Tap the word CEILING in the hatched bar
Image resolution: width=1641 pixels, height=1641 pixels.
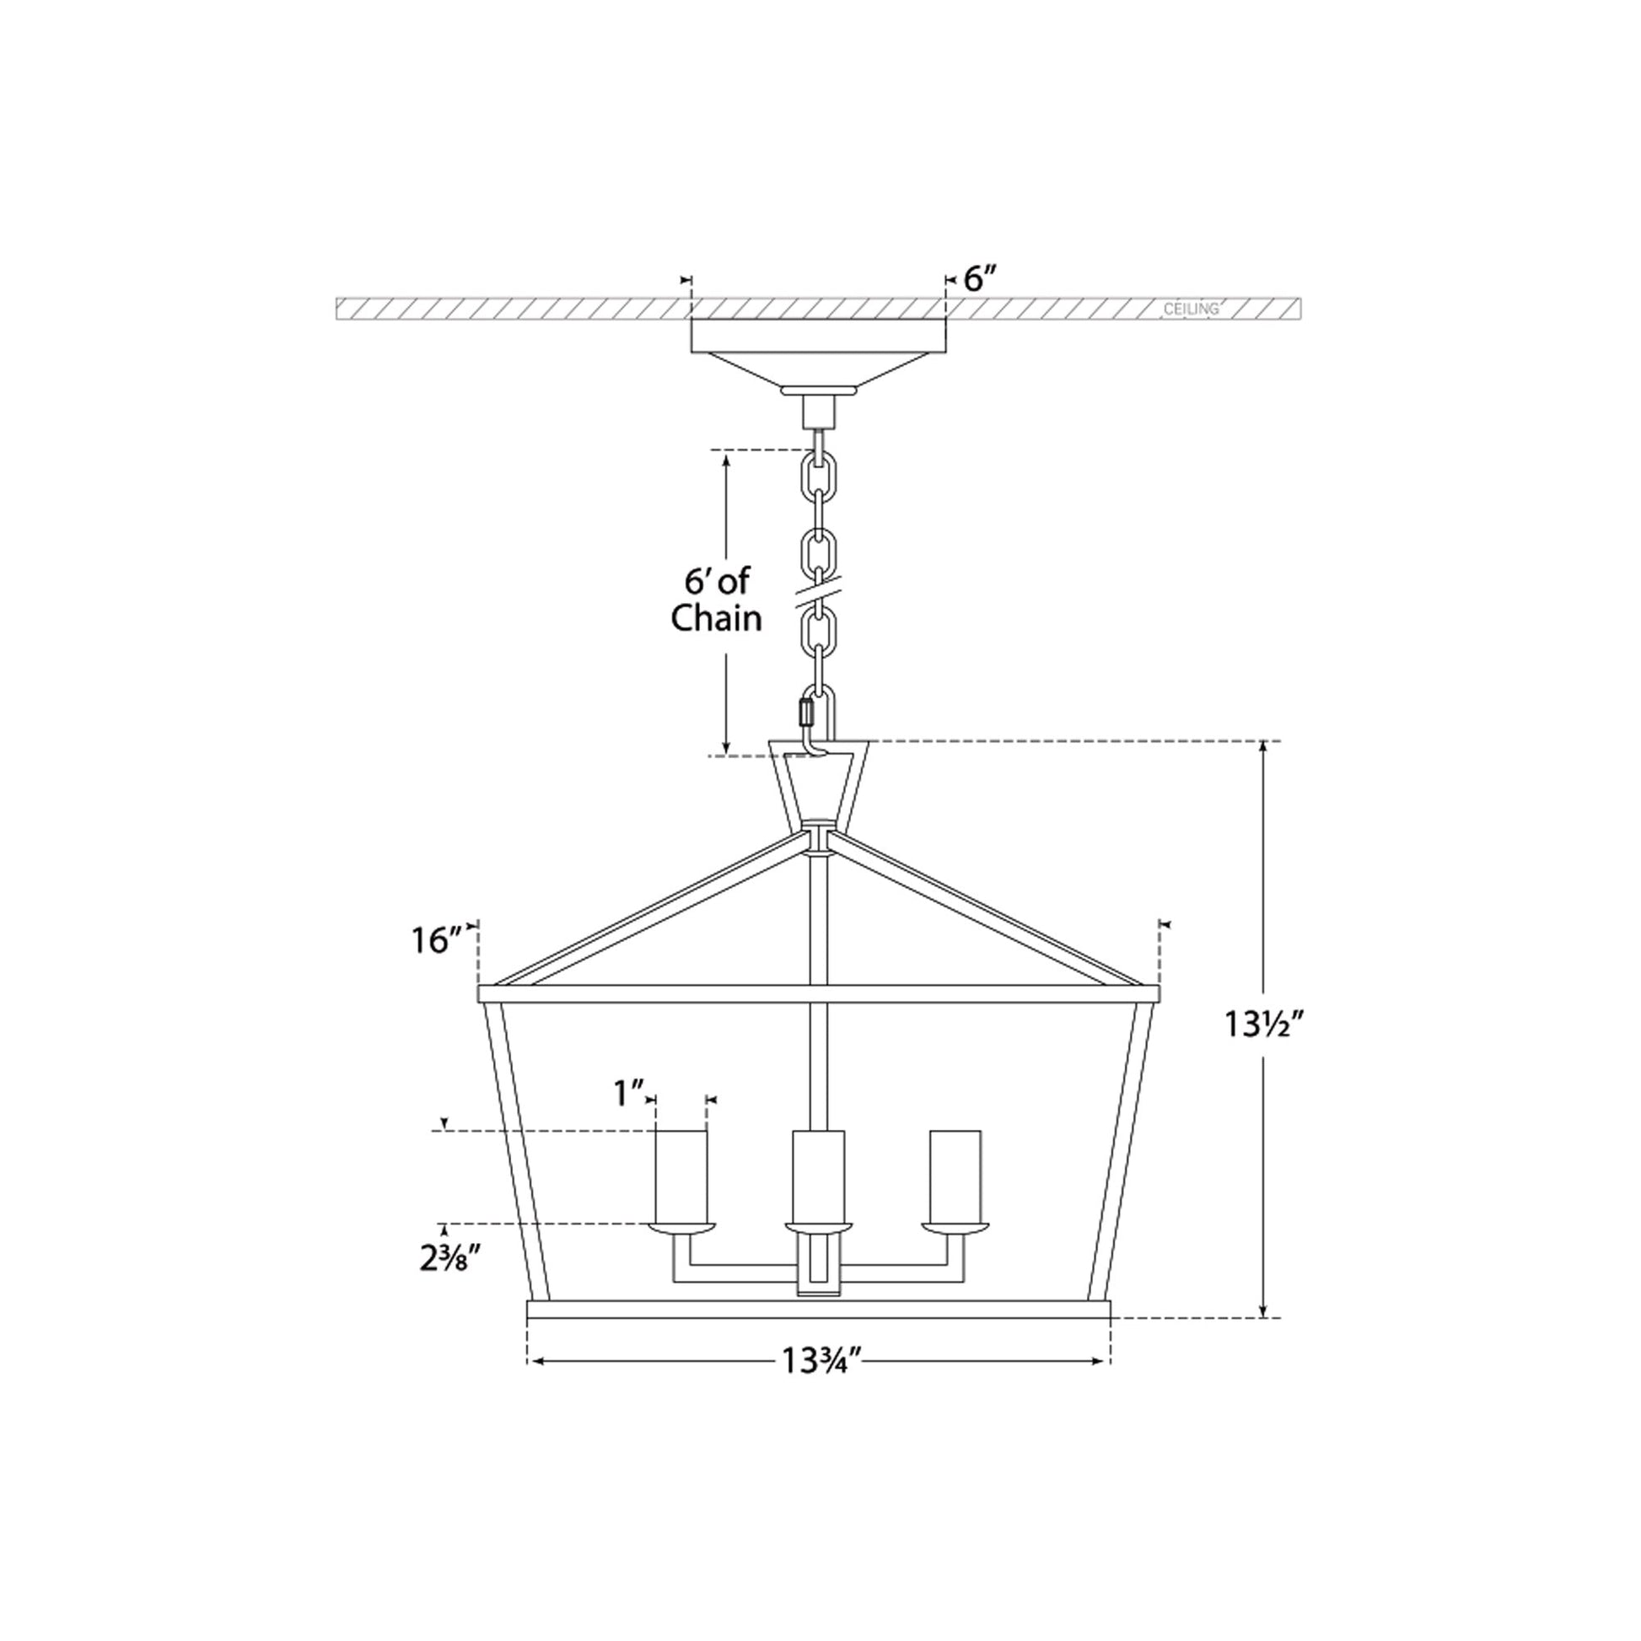pyautogui.click(x=1191, y=309)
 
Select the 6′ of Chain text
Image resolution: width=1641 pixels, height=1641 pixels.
pyautogui.click(x=716, y=600)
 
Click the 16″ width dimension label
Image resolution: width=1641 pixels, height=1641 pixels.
pyautogui.click(x=437, y=940)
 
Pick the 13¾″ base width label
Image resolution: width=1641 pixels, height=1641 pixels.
pyautogui.click(x=821, y=1362)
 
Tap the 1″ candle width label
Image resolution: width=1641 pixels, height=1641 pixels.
pyautogui.click(x=629, y=1094)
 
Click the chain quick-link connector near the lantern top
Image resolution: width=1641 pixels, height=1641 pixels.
pyautogui.click(x=806, y=709)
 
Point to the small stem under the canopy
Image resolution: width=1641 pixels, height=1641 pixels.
pyautogui.click(x=819, y=413)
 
